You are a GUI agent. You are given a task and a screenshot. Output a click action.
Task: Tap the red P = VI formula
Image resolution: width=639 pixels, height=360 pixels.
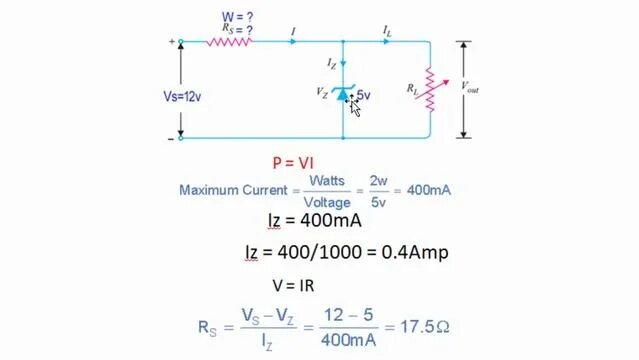tap(294, 162)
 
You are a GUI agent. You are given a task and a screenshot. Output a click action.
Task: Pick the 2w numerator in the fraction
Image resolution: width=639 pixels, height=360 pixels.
tap(378, 181)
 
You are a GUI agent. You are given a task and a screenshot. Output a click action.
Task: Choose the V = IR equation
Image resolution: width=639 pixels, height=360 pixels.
tap(293, 285)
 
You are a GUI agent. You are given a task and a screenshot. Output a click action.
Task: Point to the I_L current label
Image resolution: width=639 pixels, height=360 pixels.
tap(387, 32)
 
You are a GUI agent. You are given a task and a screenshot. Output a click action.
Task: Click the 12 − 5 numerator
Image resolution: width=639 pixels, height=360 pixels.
tap(354, 315)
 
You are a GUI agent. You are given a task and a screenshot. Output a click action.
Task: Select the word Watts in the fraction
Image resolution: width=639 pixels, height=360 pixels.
tap(326, 181)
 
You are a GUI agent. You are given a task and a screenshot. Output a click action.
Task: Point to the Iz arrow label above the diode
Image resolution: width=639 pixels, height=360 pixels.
tap(331, 63)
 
